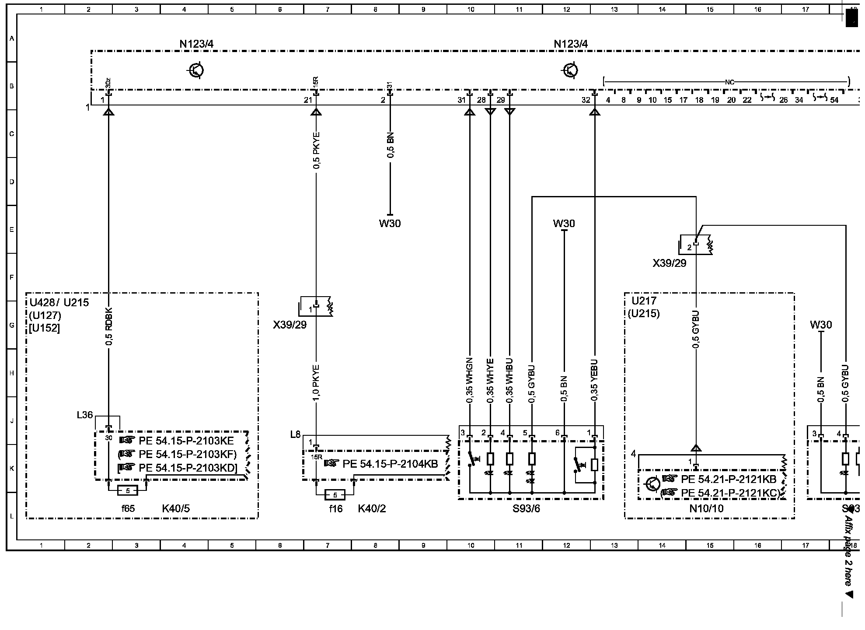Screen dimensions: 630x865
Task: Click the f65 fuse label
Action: (x=128, y=508)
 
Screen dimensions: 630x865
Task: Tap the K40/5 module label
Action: (x=176, y=508)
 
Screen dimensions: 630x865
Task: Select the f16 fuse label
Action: (x=336, y=508)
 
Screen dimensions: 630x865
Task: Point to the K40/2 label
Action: (x=372, y=508)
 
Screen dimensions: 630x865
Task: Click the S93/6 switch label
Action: (x=526, y=508)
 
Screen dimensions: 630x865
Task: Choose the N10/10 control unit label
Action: (x=706, y=508)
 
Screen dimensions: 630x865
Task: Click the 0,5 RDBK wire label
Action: (x=109, y=326)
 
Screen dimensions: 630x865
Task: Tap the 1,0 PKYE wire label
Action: (x=317, y=382)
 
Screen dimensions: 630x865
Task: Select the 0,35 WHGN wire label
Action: (x=470, y=380)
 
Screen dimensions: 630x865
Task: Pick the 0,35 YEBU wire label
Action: (x=594, y=380)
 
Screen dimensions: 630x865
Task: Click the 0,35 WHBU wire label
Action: (x=509, y=380)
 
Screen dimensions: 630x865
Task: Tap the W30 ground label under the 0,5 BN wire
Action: (x=390, y=224)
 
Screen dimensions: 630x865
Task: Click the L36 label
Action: (x=84, y=415)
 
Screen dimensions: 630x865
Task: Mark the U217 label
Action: (x=644, y=301)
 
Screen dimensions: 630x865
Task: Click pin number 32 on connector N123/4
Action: (x=586, y=100)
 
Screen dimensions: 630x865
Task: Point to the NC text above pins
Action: (x=729, y=82)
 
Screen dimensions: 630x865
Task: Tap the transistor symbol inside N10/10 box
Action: (x=652, y=484)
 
